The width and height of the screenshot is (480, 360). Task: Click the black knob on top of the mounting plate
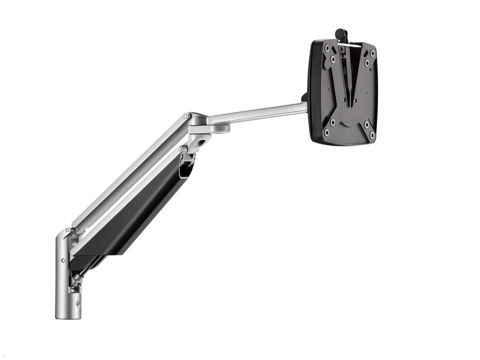341,33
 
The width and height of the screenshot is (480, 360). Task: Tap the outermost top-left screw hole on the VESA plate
327,48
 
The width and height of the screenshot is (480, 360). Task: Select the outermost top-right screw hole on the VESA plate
372,53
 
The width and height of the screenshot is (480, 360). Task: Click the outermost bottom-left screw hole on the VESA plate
327,132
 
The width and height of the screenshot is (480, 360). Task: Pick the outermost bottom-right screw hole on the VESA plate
372,135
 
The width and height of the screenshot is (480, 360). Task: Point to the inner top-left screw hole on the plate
333,59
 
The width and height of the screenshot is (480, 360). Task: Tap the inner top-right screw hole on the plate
367,63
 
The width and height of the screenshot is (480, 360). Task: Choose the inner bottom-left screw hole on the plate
332,122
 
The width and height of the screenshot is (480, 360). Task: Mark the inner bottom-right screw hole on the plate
366,125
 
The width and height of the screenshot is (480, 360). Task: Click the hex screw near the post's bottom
78,303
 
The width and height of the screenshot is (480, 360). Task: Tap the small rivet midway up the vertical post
63,260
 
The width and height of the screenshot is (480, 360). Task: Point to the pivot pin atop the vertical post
68,230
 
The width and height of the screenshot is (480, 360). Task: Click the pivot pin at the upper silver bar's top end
185,116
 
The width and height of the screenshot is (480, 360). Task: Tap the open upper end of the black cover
186,170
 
